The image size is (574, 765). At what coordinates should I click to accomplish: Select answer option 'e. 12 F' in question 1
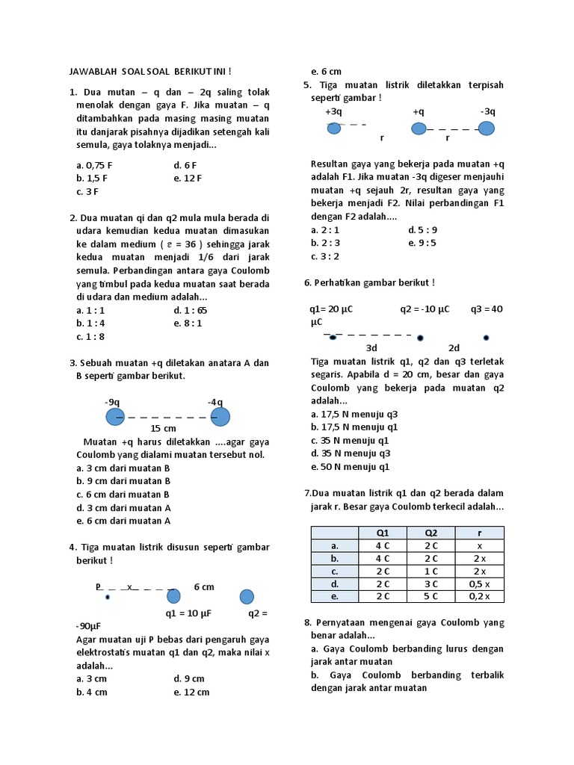[x=188, y=178]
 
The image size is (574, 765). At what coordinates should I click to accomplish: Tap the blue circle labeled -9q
[x=114, y=416]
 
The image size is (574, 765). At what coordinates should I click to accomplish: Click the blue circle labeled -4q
[x=220, y=416]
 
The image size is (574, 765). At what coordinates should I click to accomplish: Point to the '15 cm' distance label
[x=163, y=428]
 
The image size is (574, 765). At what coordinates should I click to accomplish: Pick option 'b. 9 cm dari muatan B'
[x=123, y=481]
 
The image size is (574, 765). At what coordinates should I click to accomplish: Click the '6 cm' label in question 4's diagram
[x=203, y=586]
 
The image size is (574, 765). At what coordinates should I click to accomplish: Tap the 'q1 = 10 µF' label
[x=188, y=613]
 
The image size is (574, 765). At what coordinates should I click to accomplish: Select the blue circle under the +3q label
[x=334, y=128]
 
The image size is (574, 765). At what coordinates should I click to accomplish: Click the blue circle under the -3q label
[x=487, y=128]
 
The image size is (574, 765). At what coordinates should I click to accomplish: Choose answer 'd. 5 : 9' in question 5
[x=422, y=230]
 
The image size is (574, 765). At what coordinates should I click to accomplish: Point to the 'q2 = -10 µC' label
[x=425, y=309]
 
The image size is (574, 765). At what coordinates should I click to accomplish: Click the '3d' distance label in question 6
[x=371, y=348]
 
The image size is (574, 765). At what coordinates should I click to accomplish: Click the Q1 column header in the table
[x=383, y=533]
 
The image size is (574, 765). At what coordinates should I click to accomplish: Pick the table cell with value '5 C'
[x=431, y=596]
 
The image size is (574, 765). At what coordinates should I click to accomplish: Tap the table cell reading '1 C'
[x=431, y=571]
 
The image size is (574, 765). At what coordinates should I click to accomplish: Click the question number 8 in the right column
[x=307, y=622]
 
